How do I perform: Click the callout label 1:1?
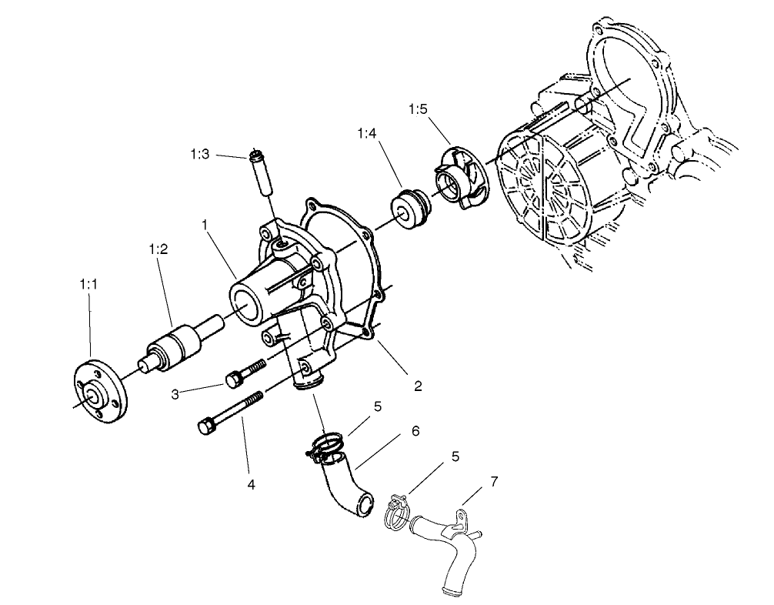[x=88, y=284]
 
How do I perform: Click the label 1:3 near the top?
[x=199, y=155]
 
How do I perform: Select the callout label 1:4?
[x=368, y=134]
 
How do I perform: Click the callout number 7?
[x=493, y=482]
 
